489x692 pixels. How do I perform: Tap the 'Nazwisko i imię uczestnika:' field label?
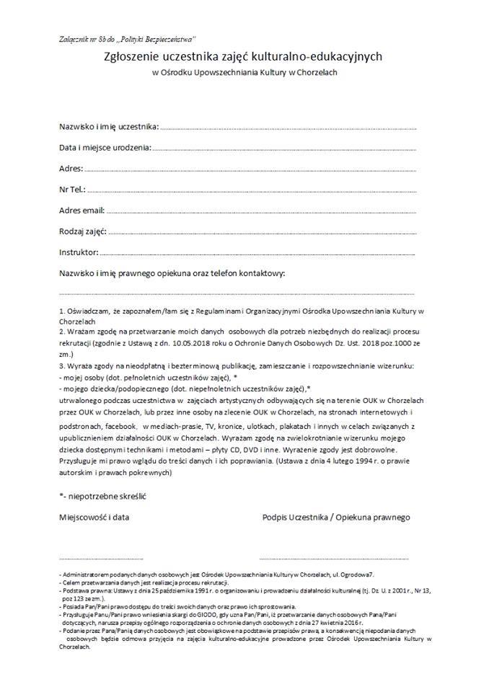coord(108,127)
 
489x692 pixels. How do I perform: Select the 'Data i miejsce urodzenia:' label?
coord(105,148)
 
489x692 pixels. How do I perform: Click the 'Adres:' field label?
coord(71,169)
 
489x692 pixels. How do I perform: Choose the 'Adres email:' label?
coord(81,210)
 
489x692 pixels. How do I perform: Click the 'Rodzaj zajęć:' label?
coord(83,231)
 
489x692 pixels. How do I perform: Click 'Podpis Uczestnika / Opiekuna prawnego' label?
coord(336,517)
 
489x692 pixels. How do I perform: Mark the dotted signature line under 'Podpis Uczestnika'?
coord(333,559)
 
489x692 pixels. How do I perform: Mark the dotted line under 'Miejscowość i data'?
coord(101,559)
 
